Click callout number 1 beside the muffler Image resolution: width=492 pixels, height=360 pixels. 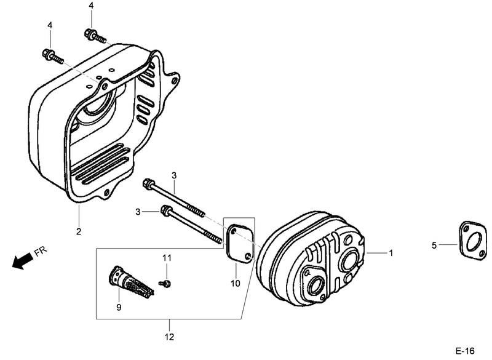pos(389,253)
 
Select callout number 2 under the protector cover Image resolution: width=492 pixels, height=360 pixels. pos(79,231)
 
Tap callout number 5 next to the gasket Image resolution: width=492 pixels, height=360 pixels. pos(434,245)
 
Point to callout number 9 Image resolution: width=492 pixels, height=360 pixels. pos(119,306)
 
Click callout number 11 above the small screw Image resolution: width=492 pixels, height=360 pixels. pos(165,257)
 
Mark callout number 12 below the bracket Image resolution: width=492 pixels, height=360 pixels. pos(169,337)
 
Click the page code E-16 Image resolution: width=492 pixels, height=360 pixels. pos(465,350)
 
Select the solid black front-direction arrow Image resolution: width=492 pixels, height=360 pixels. pos(22,262)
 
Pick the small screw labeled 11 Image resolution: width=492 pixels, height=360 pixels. pos(165,283)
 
